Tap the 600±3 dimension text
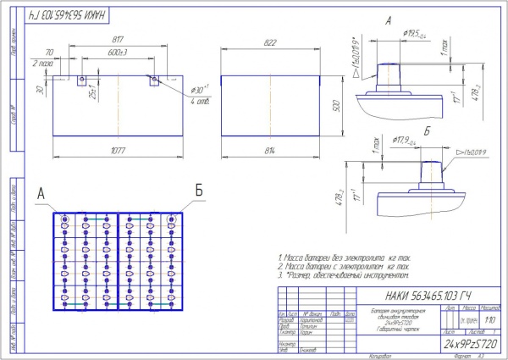pos(118,51)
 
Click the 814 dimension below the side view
pos(268,151)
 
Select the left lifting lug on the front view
pos(81,82)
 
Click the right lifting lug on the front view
pos(154,82)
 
